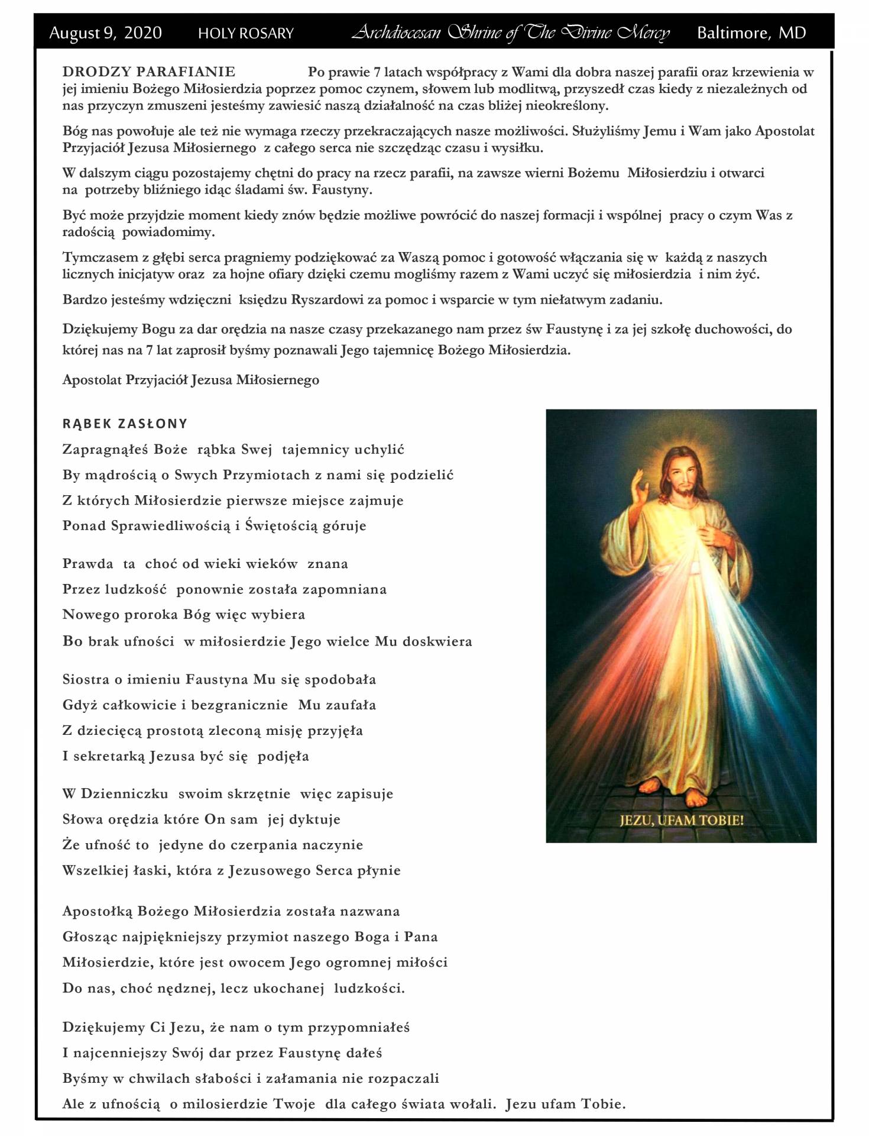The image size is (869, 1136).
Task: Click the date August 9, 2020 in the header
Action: (105, 33)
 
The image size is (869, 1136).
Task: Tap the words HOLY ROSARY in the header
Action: (245, 34)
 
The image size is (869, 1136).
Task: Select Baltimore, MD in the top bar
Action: (751, 33)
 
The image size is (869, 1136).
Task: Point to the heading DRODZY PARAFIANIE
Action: (149, 72)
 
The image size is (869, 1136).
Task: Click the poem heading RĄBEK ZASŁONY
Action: (125, 424)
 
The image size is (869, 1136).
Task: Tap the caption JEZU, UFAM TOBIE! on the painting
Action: (681, 820)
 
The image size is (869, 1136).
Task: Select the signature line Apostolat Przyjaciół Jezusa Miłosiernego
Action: (191, 380)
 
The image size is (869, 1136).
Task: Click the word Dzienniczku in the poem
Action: (125, 794)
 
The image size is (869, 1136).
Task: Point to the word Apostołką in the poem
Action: (98, 911)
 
